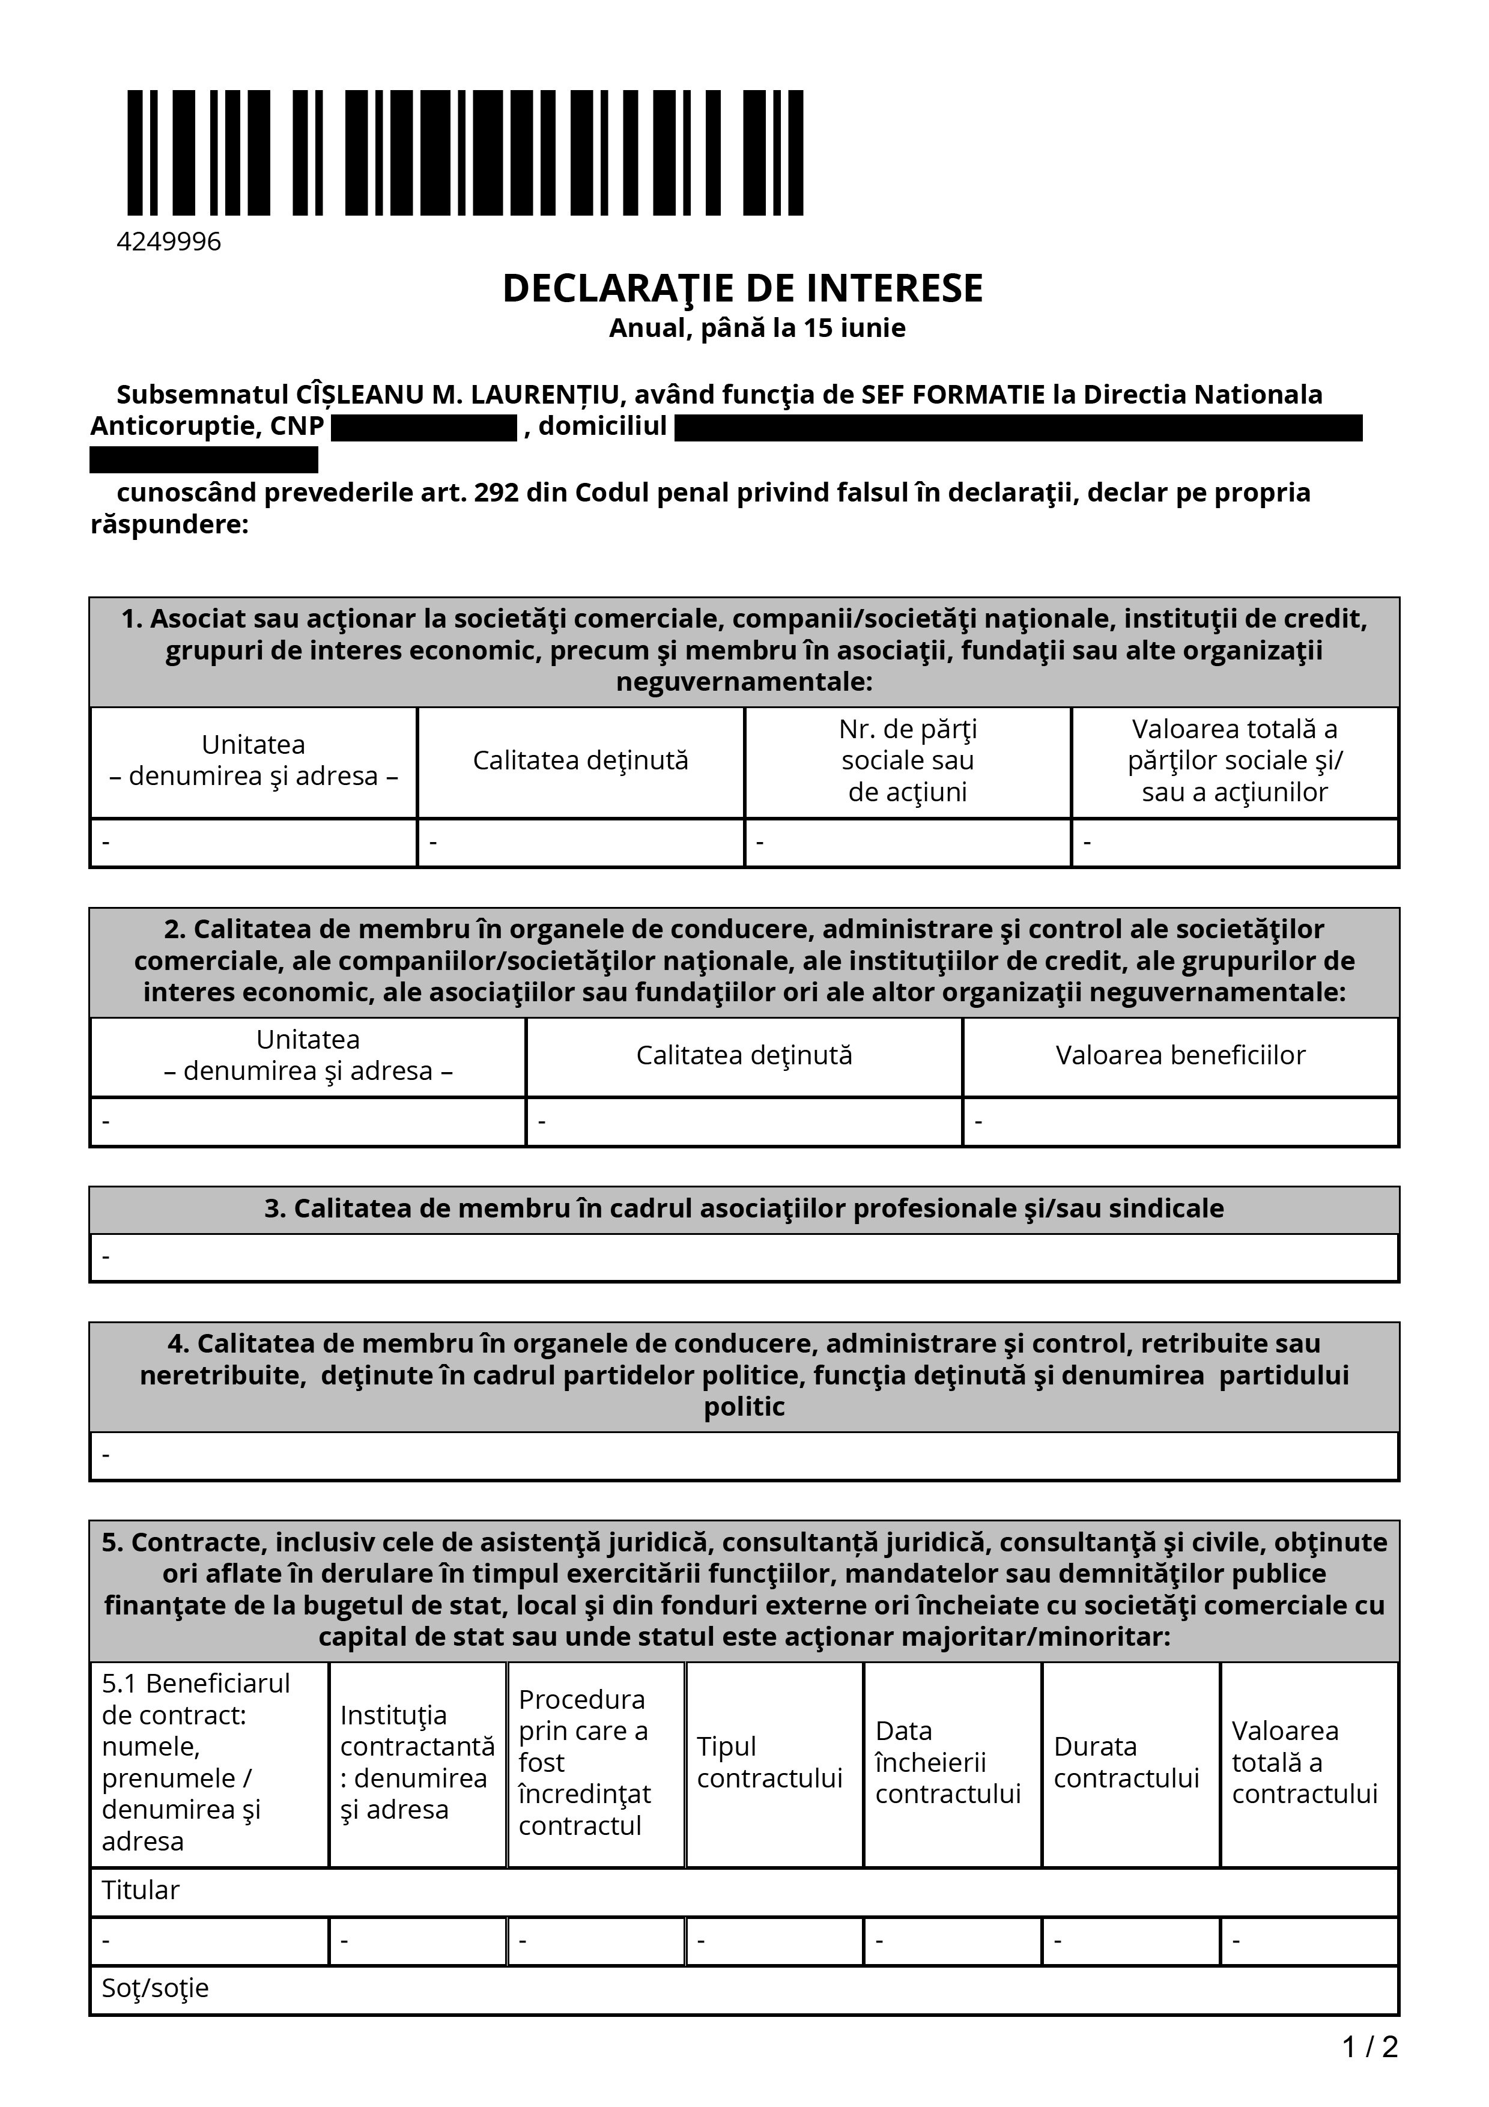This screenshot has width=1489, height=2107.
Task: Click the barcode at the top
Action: click(x=465, y=153)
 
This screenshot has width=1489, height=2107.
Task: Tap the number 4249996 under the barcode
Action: click(x=169, y=241)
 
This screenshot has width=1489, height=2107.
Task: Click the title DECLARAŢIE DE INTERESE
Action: click(x=742, y=288)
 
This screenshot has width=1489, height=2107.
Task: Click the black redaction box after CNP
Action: click(x=424, y=428)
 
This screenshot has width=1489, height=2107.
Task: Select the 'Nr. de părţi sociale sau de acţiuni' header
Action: click(x=908, y=761)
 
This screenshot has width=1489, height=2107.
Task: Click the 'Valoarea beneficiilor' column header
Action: click(x=1180, y=1055)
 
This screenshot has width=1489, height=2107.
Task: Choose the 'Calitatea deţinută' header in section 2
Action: click(x=744, y=1055)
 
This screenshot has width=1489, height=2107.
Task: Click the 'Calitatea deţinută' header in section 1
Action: click(x=581, y=761)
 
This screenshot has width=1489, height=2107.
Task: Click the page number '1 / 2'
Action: click(x=1369, y=2046)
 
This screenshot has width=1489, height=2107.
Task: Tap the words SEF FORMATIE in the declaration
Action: click(x=953, y=395)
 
